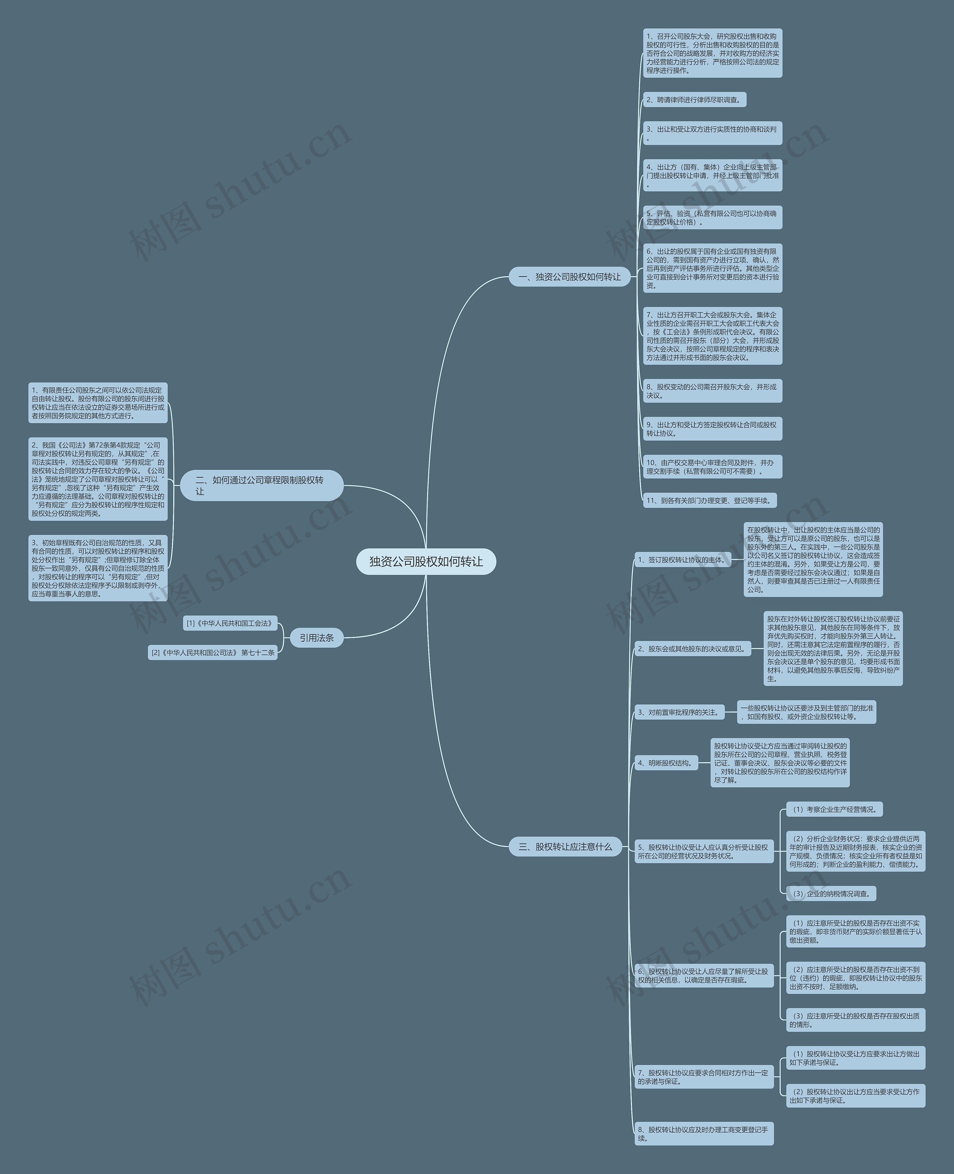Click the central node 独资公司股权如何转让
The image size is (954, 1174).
click(x=426, y=561)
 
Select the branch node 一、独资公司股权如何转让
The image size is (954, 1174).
click(x=569, y=277)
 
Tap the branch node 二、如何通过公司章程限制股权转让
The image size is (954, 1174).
click(x=262, y=485)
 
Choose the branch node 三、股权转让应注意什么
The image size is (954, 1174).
click(x=565, y=846)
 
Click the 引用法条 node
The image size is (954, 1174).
click(x=316, y=638)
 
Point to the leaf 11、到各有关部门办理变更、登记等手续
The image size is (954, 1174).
click(x=710, y=500)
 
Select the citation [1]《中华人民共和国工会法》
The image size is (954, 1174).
click(x=230, y=623)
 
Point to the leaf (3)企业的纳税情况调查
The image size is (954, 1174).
click(x=830, y=894)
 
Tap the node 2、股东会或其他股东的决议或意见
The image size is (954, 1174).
click(x=692, y=648)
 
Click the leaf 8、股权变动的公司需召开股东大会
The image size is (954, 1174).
click(x=712, y=391)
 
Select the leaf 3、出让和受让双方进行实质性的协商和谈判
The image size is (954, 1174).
click(x=712, y=133)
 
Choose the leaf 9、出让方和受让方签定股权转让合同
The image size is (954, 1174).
click(x=712, y=429)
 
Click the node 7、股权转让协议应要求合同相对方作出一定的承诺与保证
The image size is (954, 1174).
click(x=704, y=1077)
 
